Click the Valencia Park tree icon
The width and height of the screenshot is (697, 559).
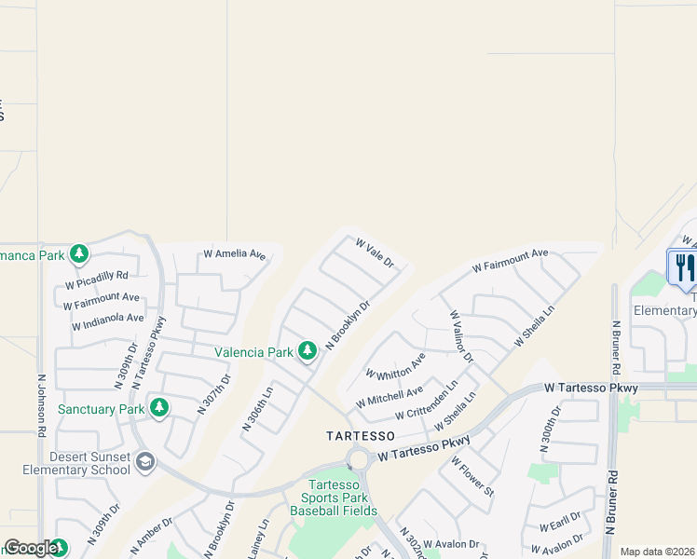pyautogui.click(x=307, y=351)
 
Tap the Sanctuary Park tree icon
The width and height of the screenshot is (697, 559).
pyautogui.click(x=159, y=408)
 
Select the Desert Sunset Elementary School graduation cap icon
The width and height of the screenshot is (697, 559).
pyautogui.click(x=144, y=461)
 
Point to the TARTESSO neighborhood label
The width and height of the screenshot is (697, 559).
pyautogui.click(x=362, y=436)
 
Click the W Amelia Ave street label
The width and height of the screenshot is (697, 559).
pyautogui.click(x=235, y=253)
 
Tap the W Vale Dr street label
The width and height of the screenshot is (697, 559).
pyautogui.click(x=376, y=253)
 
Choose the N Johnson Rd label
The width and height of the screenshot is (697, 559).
pyautogui.click(x=41, y=406)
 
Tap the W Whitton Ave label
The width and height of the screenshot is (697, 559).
pyautogui.click(x=395, y=366)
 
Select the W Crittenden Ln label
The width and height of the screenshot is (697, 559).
pyautogui.click(x=427, y=401)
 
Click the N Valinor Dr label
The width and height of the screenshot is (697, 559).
pyautogui.click(x=461, y=337)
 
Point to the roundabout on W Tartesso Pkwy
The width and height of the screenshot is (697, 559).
pyautogui.click(x=359, y=459)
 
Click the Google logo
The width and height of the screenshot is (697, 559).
pyautogui.click(x=31, y=548)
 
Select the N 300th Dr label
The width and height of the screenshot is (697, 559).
pyautogui.click(x=550, y=429)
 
